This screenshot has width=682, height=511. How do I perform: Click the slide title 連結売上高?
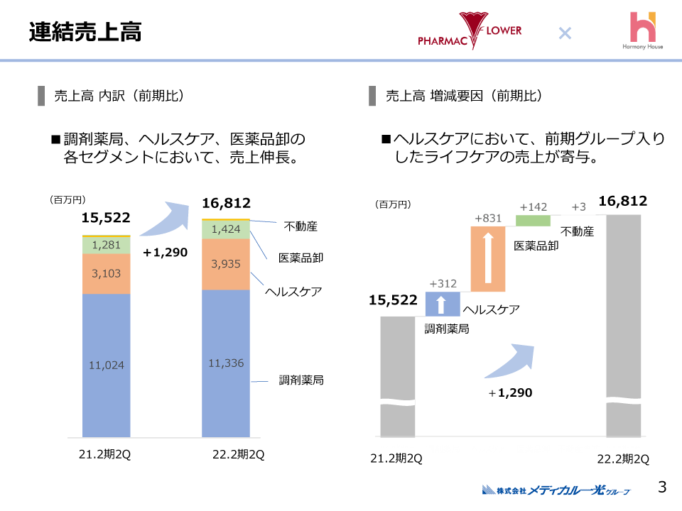[85, 32]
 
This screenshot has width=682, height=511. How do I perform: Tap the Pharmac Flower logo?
[470, 31]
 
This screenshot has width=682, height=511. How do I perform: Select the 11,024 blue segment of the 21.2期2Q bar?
[107, 365]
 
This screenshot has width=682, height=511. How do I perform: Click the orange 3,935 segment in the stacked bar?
[226, 264]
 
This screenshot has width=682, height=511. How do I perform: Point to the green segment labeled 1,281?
[107, 245]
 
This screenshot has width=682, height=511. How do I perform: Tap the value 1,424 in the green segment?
[226, 230]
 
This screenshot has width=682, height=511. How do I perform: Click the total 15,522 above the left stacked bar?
[106, 218]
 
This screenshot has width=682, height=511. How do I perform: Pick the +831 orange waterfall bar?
[487, 258]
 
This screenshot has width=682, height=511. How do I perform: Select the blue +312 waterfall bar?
[441, 304]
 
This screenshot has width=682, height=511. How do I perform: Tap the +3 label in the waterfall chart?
[578, 207]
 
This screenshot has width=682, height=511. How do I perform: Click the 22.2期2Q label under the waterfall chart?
[623, 458]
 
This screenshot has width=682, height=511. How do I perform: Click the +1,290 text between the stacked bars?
[165, 252]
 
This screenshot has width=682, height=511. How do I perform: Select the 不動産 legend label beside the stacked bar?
[301, 227]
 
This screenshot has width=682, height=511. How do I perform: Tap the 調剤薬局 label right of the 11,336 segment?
[301, 380]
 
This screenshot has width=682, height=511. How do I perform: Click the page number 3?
[662, 487]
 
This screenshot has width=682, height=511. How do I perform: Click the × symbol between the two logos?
[565, 33]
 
